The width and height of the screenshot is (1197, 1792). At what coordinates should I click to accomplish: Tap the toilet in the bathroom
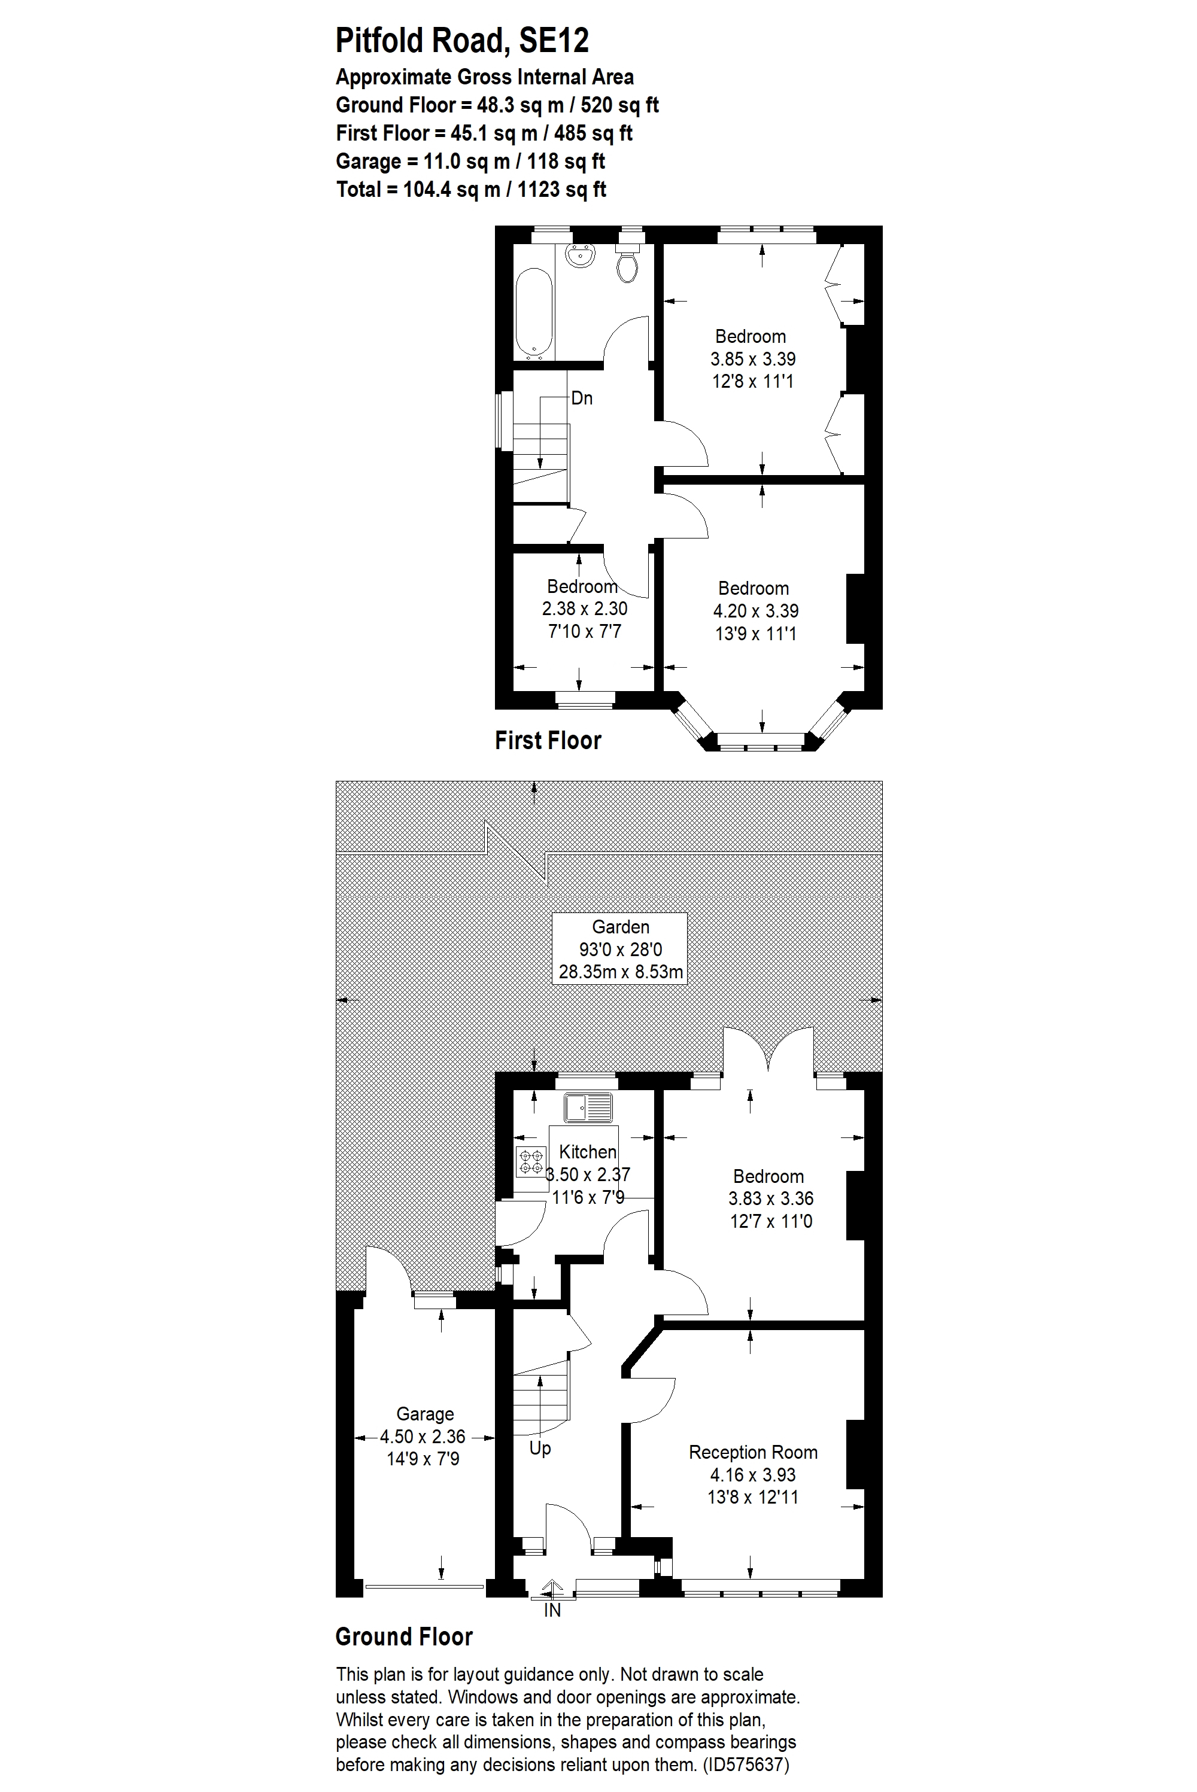627,263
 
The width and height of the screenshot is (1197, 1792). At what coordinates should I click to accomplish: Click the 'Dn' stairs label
582,398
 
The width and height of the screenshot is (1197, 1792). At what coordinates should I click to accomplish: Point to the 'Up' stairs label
540,1448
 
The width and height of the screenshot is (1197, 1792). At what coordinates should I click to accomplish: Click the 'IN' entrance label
552,1611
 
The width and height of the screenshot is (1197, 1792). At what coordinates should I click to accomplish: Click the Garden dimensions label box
620,949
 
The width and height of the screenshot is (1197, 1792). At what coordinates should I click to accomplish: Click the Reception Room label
753,1452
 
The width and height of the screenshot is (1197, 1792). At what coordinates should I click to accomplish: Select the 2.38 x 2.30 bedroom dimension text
585,609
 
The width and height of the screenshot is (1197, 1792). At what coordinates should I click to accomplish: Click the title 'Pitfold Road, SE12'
462,41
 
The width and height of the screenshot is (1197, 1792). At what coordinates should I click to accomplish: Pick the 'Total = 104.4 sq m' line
471,189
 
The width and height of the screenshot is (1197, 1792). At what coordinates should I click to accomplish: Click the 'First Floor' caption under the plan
548,740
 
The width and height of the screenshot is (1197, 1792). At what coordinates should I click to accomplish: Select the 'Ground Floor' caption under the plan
404,1637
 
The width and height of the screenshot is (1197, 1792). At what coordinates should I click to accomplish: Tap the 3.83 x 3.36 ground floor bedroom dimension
771,1199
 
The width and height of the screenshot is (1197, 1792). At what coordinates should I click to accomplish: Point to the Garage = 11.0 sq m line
470,161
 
